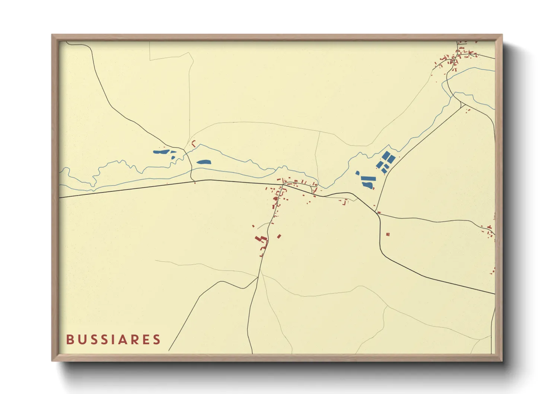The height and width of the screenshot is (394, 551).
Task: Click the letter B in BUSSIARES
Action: pos(70,340)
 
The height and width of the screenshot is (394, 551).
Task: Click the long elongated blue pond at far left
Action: pos(161,152)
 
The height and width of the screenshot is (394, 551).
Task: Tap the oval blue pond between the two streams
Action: pos(204,162)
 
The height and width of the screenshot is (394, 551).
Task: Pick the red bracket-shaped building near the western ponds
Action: pos(193,143)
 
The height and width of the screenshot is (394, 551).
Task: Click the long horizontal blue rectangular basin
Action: pos(369,178)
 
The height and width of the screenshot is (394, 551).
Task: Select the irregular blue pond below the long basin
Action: pos(367,185)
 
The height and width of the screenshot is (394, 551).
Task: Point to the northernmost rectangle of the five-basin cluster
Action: pos(386,155)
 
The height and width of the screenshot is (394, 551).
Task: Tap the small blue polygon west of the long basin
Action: pos(358,173)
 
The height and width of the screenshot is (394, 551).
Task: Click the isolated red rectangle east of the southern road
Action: pos(279,236)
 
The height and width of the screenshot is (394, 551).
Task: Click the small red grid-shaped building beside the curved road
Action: pos(388,234)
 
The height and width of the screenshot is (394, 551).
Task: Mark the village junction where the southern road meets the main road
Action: pos(283,185)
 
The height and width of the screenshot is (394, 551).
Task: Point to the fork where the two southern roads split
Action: pos(258,277)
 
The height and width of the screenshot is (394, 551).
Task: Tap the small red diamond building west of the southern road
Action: pos(253,226)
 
